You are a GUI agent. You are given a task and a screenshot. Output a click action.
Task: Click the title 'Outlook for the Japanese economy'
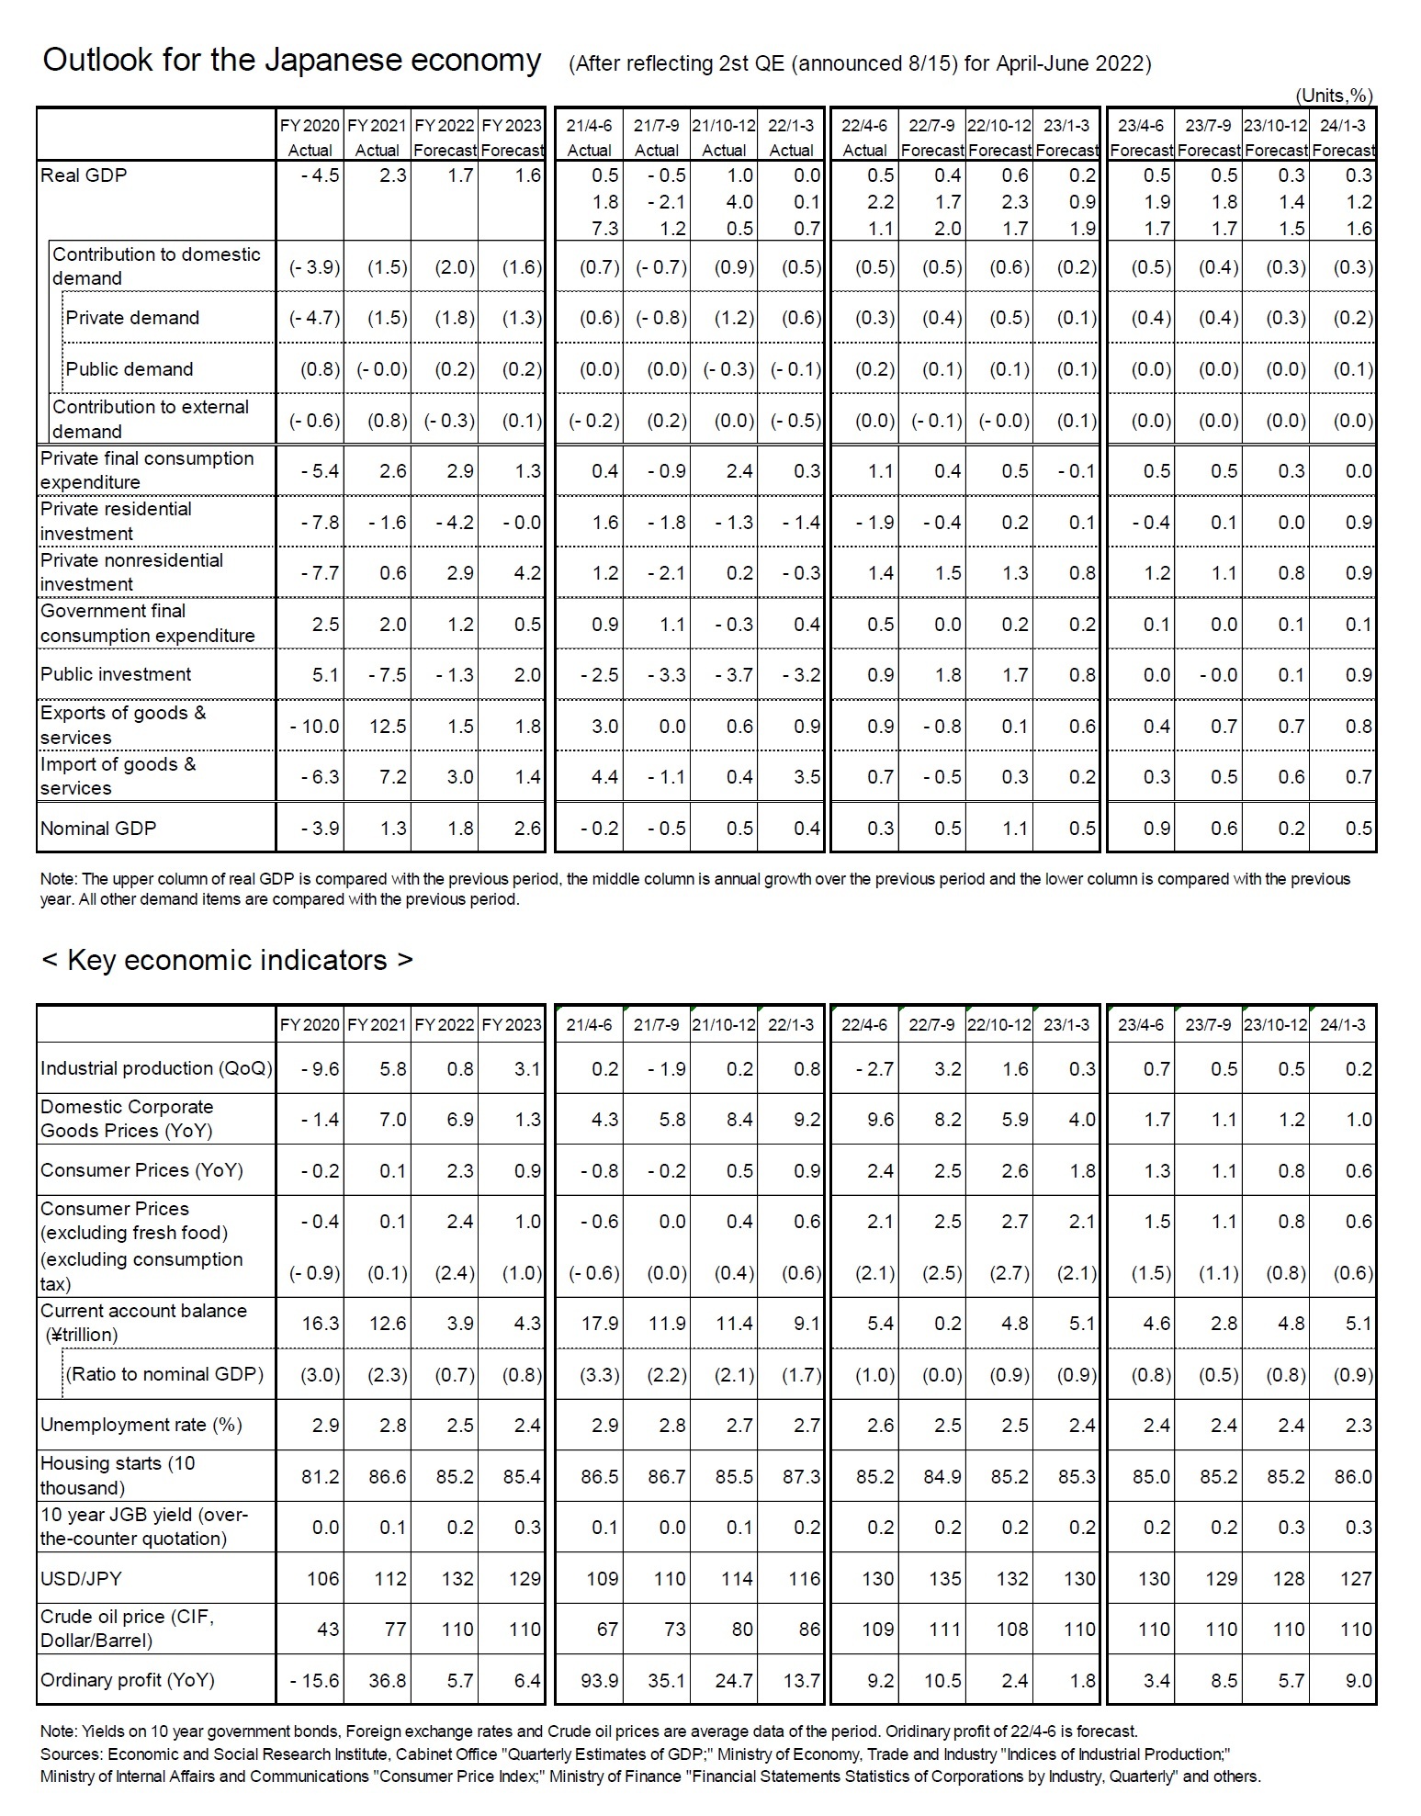292,61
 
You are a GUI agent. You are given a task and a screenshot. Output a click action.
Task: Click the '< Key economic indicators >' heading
227,960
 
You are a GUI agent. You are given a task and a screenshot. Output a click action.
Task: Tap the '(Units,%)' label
1334,96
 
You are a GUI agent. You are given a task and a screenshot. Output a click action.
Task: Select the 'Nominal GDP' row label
98,828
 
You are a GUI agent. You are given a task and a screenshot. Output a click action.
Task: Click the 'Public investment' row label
116,674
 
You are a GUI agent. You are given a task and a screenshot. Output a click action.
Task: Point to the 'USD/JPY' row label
81,1578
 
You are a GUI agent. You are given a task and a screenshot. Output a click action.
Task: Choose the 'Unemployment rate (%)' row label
141,1425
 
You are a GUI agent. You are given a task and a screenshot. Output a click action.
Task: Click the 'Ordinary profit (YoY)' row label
128,1680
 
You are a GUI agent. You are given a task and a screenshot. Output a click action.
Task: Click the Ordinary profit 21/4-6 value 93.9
599,1680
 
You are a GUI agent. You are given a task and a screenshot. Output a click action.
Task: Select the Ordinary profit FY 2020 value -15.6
314,1680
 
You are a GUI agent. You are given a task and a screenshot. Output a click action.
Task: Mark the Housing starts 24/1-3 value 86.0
1353,1477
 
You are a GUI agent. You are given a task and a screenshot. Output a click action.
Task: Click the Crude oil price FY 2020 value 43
327,1629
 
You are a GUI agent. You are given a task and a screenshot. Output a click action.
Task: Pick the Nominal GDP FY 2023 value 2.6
527,829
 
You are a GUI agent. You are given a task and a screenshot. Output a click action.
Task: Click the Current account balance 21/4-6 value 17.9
599,1324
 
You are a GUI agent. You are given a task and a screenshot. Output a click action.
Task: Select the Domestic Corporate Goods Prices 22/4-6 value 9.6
877,1120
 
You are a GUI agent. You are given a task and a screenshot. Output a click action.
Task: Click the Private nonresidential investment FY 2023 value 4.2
527,573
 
